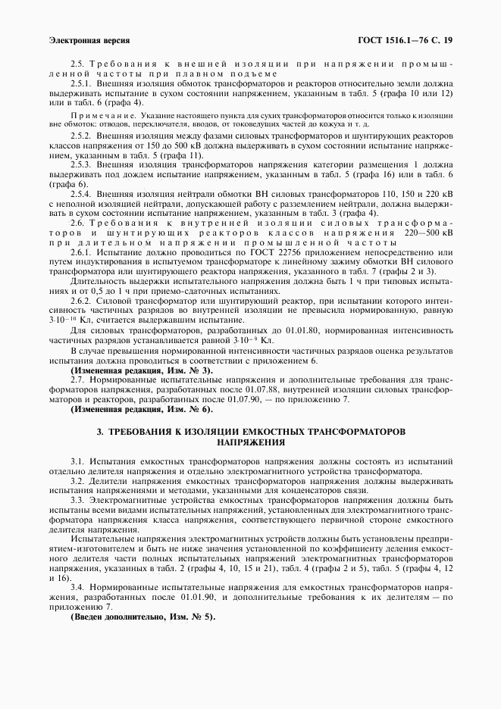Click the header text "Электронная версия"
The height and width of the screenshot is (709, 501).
click(x=89, y=39)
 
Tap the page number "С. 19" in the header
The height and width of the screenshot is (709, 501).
click(x=439, y=39)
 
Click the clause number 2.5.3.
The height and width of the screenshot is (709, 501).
click(x=81, y=163)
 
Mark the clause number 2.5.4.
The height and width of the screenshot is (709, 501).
click(x=81, y=195)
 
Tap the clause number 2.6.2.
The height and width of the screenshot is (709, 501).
click(x=81, y=301)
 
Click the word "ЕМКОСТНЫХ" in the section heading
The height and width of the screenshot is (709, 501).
click(x=274, y=431)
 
